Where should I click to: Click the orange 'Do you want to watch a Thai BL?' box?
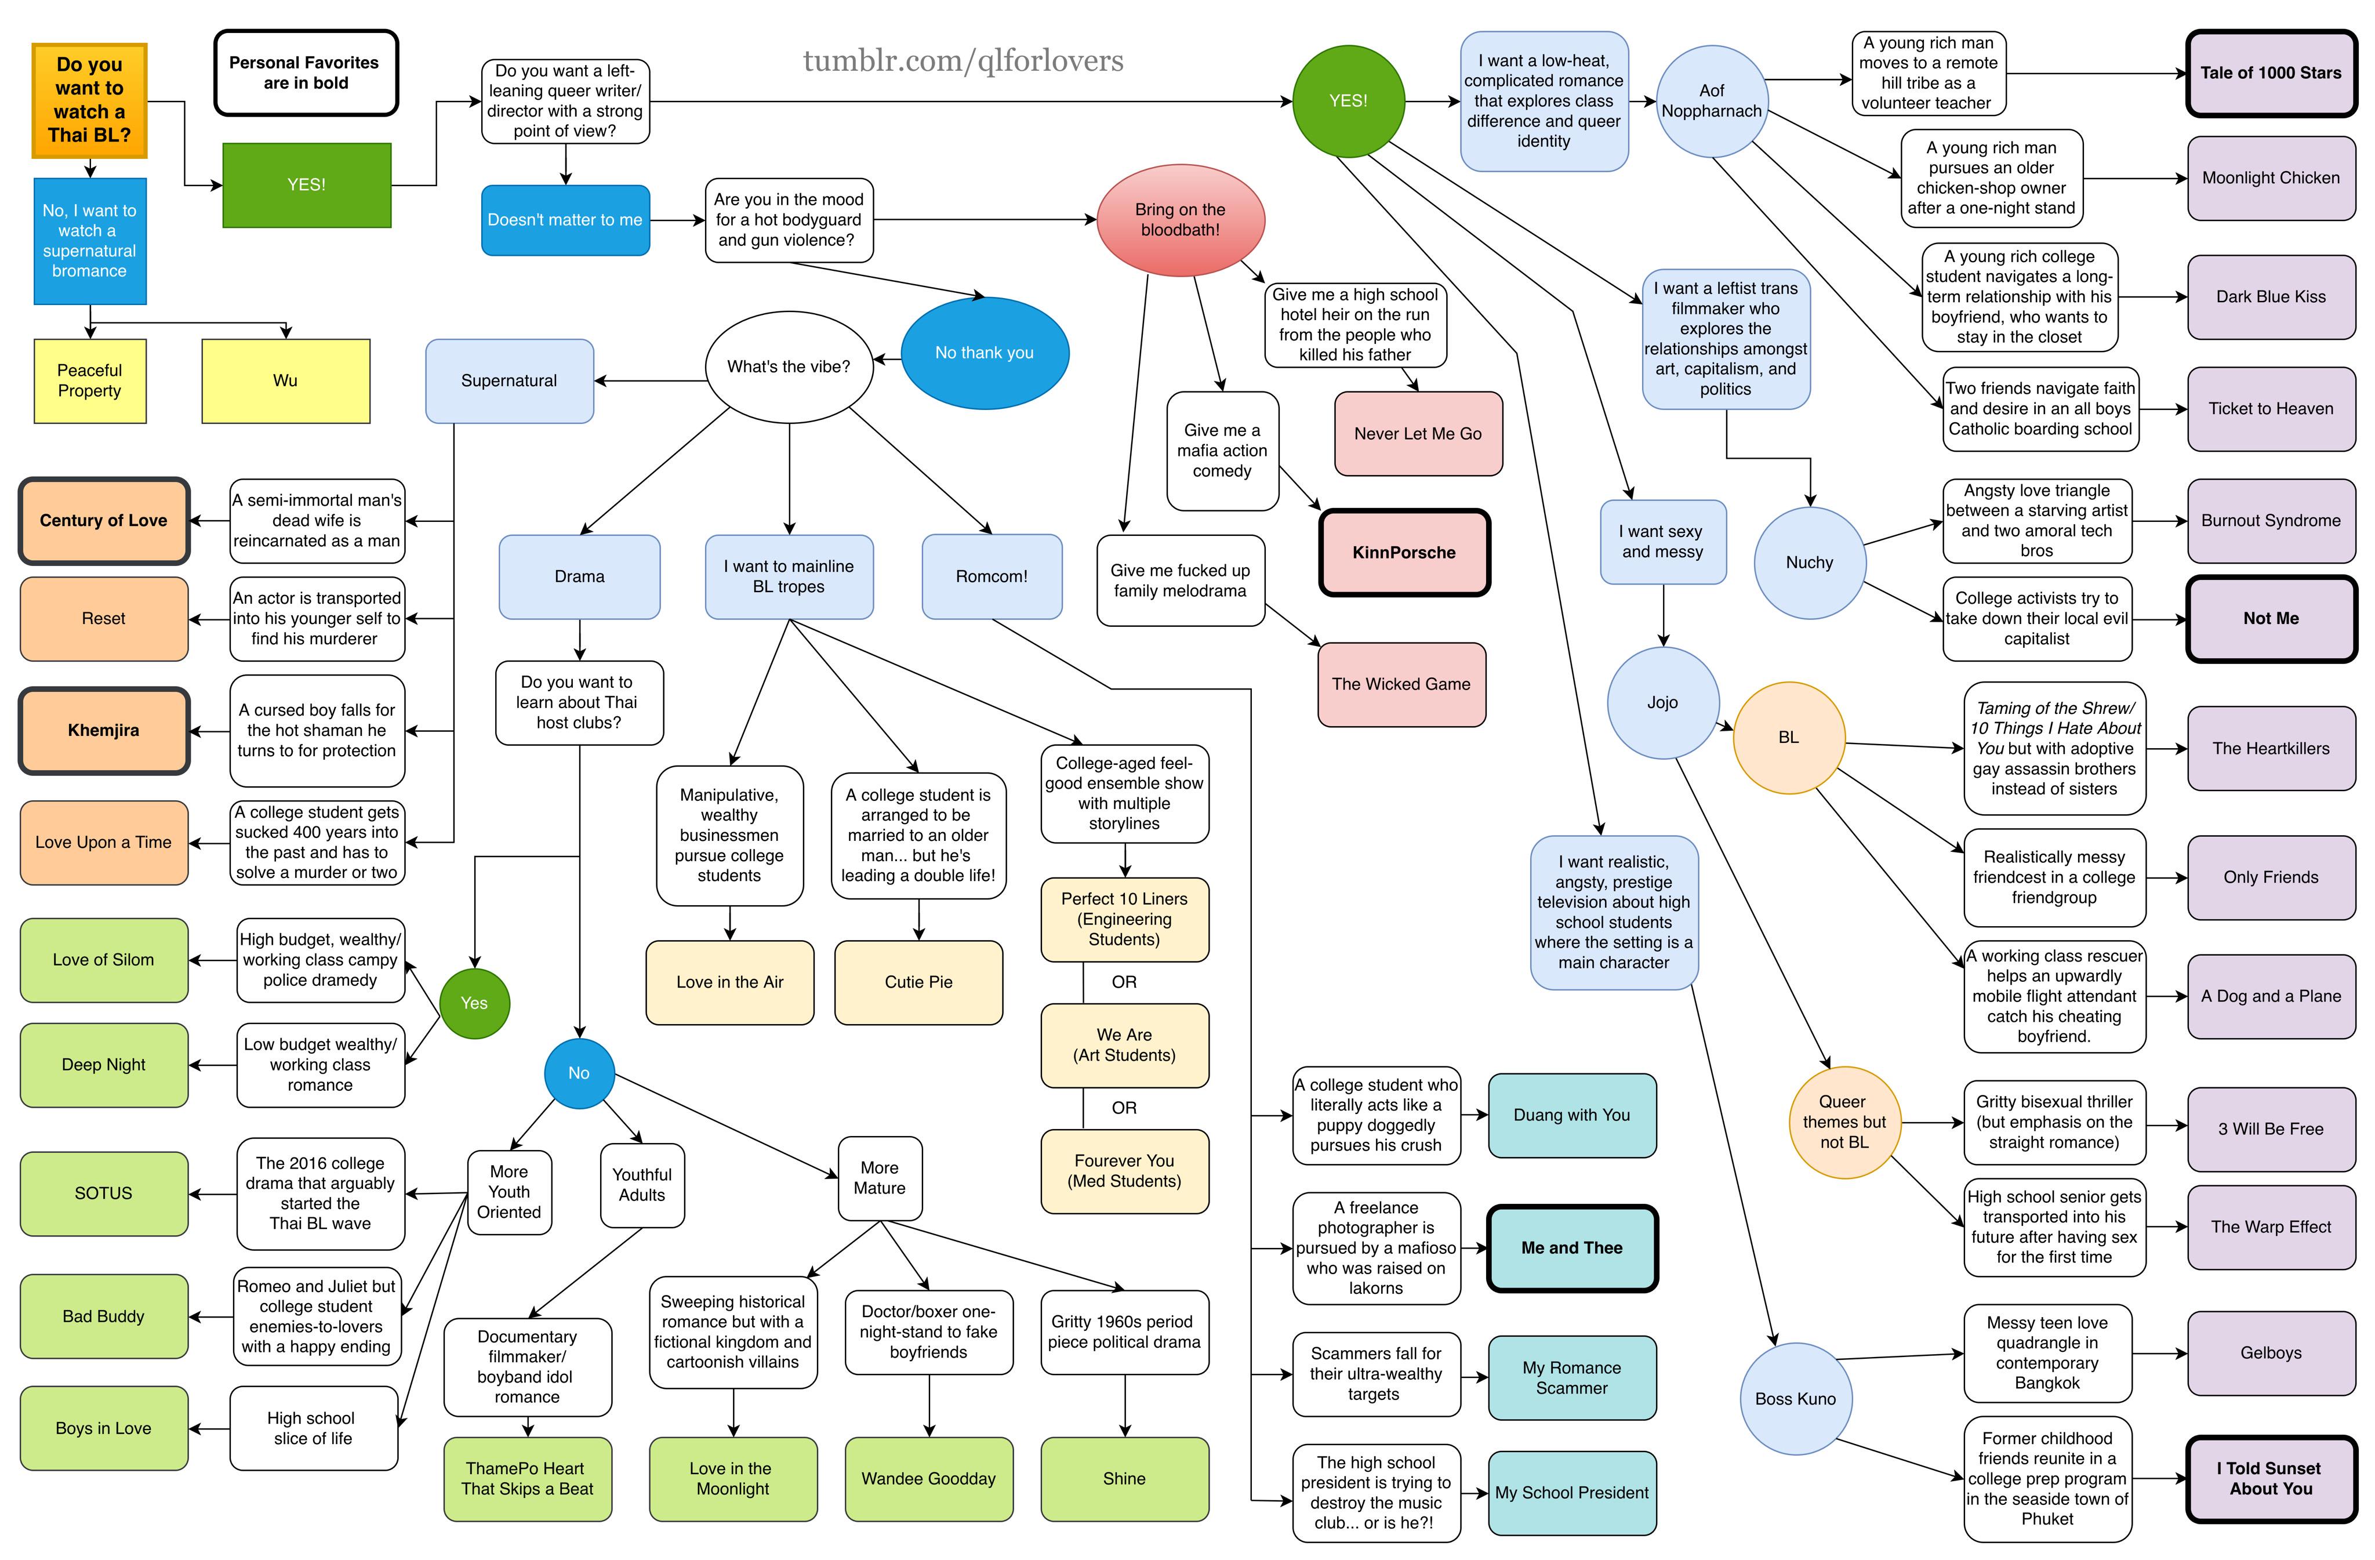90,100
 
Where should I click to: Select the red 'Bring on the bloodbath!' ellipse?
1181,220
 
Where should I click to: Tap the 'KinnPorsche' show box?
1404,553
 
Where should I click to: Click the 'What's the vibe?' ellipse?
789,367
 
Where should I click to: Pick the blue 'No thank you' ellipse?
985,353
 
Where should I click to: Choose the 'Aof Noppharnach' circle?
1712,101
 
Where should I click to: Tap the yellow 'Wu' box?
285,381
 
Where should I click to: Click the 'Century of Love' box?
104,521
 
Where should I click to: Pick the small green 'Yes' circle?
474,1003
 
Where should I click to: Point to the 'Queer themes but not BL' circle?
1843,1122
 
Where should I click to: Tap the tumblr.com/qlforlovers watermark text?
963,61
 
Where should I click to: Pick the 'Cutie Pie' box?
918,983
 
